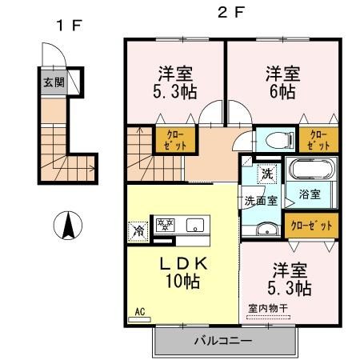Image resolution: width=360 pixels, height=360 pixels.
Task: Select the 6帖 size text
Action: tap(282, 91)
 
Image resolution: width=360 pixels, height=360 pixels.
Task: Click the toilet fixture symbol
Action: tap(274, 141)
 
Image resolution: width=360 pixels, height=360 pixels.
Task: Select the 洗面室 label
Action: tap(262, 201)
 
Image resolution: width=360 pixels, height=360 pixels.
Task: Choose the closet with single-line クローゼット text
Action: tap(310, 226)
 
